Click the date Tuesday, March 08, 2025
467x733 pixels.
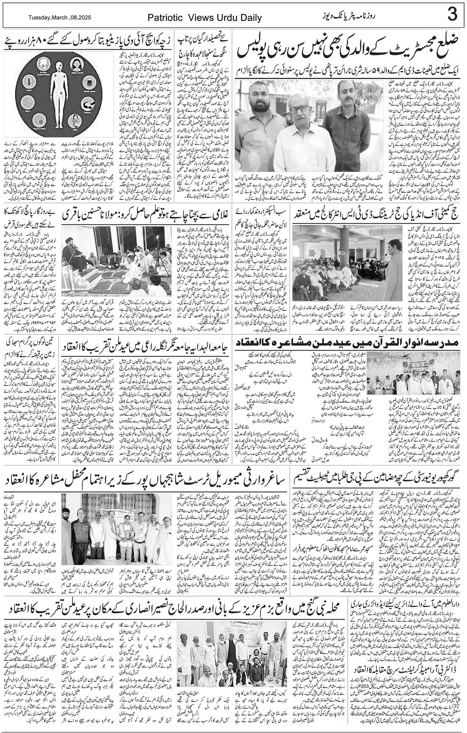60,18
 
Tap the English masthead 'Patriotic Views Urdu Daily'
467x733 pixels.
204,18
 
